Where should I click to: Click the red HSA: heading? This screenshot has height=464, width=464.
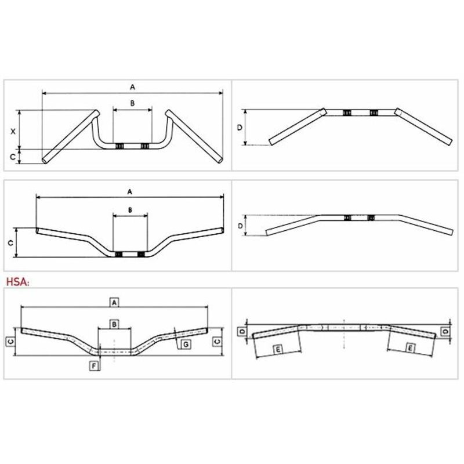(x=18, y=282)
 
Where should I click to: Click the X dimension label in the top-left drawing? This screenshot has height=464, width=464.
(x=13, y=132)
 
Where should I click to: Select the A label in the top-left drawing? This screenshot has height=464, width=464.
(x=133, y=87)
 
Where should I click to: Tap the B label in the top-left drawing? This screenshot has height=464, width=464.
(x=132, y=103)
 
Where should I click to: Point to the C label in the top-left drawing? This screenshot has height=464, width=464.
(x=12, y=157)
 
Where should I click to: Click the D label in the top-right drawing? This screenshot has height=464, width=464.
(x=240, y=128)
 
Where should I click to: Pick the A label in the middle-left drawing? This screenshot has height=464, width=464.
(x=129, y=192)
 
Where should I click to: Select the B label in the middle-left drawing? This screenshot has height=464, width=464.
(x=130, y=210)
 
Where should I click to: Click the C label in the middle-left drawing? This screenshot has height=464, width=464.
(x=10, y=243)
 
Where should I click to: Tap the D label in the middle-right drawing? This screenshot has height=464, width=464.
(x=240, y=226)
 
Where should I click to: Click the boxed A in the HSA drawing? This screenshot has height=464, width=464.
(x=114, y=303)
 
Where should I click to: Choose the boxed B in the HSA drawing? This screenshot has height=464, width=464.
(x=114, y=324)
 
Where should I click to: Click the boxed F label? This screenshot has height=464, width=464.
(x=94, y=366)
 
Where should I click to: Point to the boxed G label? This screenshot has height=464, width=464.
(x=186, y=344)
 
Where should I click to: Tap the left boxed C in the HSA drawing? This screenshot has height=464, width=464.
(x=10, y=342)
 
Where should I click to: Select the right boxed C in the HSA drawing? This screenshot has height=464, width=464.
(x=217, y=342)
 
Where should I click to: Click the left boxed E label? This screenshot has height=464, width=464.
(x=278, y=350)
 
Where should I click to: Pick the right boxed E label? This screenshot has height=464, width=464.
(x=410, y=349)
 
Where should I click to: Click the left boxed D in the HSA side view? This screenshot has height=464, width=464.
(x=242, y=331)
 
